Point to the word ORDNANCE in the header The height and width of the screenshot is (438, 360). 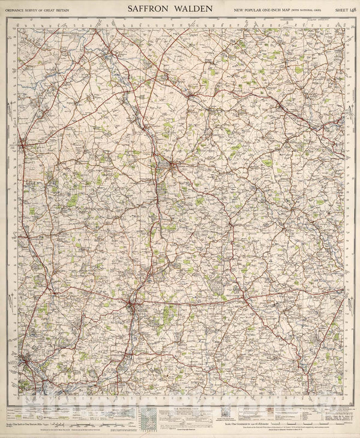19,9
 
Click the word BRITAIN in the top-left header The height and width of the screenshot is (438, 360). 85,9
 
